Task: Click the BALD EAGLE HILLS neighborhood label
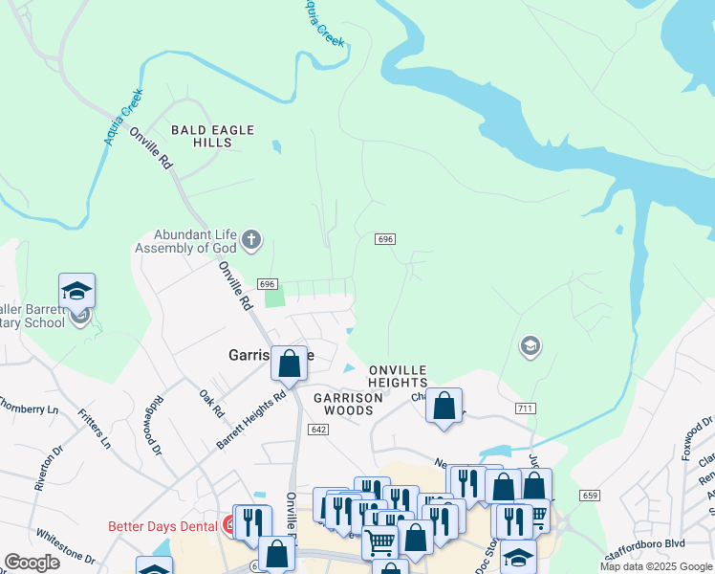[201, 136]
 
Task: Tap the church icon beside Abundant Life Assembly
[250, 239]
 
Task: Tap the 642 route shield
[318, 430]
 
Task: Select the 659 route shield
[590, 495]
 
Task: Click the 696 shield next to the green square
[267, 284]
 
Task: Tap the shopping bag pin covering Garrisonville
[289, 364]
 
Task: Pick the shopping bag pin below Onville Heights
[444, 406]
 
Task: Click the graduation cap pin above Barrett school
[77, 290]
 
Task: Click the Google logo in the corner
[32, 563]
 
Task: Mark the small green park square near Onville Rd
[274, 298]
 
